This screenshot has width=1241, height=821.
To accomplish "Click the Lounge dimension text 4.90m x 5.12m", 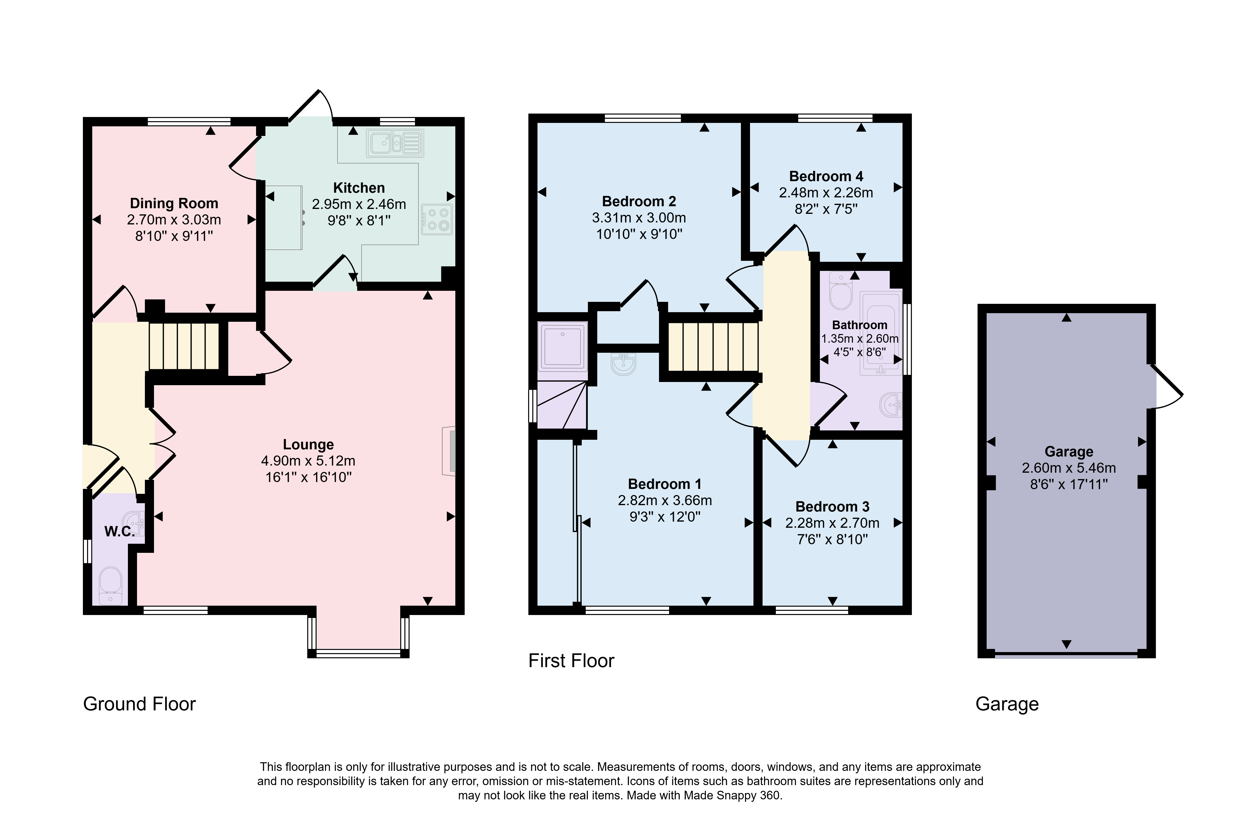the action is [308, 461].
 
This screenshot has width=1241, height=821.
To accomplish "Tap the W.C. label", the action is [120, 531].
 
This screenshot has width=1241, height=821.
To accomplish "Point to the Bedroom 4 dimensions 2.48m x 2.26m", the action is [826, 193].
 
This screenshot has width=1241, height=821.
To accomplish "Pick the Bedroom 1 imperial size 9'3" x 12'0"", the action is [665, 517].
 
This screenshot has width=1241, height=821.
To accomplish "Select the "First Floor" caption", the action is [571, 661].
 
